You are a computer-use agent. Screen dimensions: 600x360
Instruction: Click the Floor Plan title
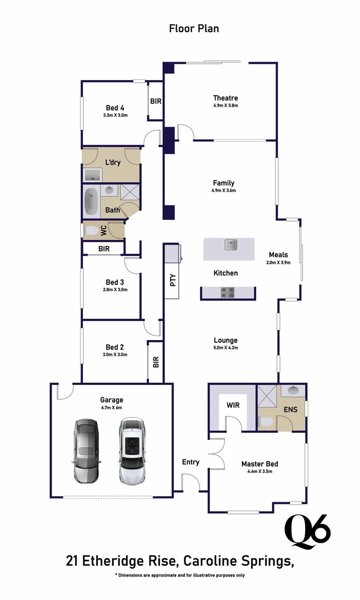tap(194, 28)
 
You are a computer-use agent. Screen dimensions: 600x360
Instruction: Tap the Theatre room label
tap(226, 98)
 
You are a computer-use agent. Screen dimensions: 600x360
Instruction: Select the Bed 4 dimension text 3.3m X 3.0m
tap(115, 116)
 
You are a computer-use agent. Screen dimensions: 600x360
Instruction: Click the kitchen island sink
tap(231, 244)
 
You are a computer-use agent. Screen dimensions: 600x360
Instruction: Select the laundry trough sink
tap(92, 176)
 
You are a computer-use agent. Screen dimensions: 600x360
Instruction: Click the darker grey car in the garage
tap(86, 451)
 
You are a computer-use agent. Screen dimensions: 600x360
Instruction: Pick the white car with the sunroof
tap(131, 451)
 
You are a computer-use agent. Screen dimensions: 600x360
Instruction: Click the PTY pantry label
tap(173, 281)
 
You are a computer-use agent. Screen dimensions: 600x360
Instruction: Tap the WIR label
tap(233, 405)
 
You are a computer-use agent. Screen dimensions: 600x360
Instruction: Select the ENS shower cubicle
tap(267, 397)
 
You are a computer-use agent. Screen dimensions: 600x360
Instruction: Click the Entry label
tap(191, 462)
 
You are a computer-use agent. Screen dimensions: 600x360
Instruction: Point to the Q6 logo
tap(307, 531)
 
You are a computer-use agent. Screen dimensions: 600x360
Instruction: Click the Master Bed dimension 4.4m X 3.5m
tap(259, 472)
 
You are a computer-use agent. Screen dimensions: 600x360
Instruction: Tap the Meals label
tap(278, 255)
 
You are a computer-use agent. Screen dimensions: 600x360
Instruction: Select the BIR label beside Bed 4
tap(156, 101)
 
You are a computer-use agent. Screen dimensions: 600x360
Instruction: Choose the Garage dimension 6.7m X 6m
tap(111, 408)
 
